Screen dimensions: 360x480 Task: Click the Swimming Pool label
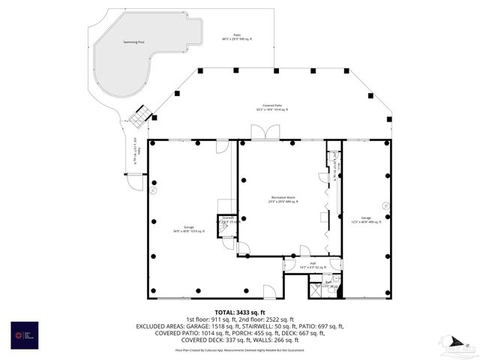[x=134, y=42]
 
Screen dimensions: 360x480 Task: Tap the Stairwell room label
[x=227, y=219]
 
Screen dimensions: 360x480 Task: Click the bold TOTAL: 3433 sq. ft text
[x=240, y=312]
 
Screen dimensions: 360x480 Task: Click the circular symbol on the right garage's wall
[x=386, y=205]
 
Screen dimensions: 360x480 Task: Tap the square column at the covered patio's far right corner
[x=389, y=119]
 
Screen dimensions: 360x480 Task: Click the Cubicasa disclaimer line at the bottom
[x=240, y=349]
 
